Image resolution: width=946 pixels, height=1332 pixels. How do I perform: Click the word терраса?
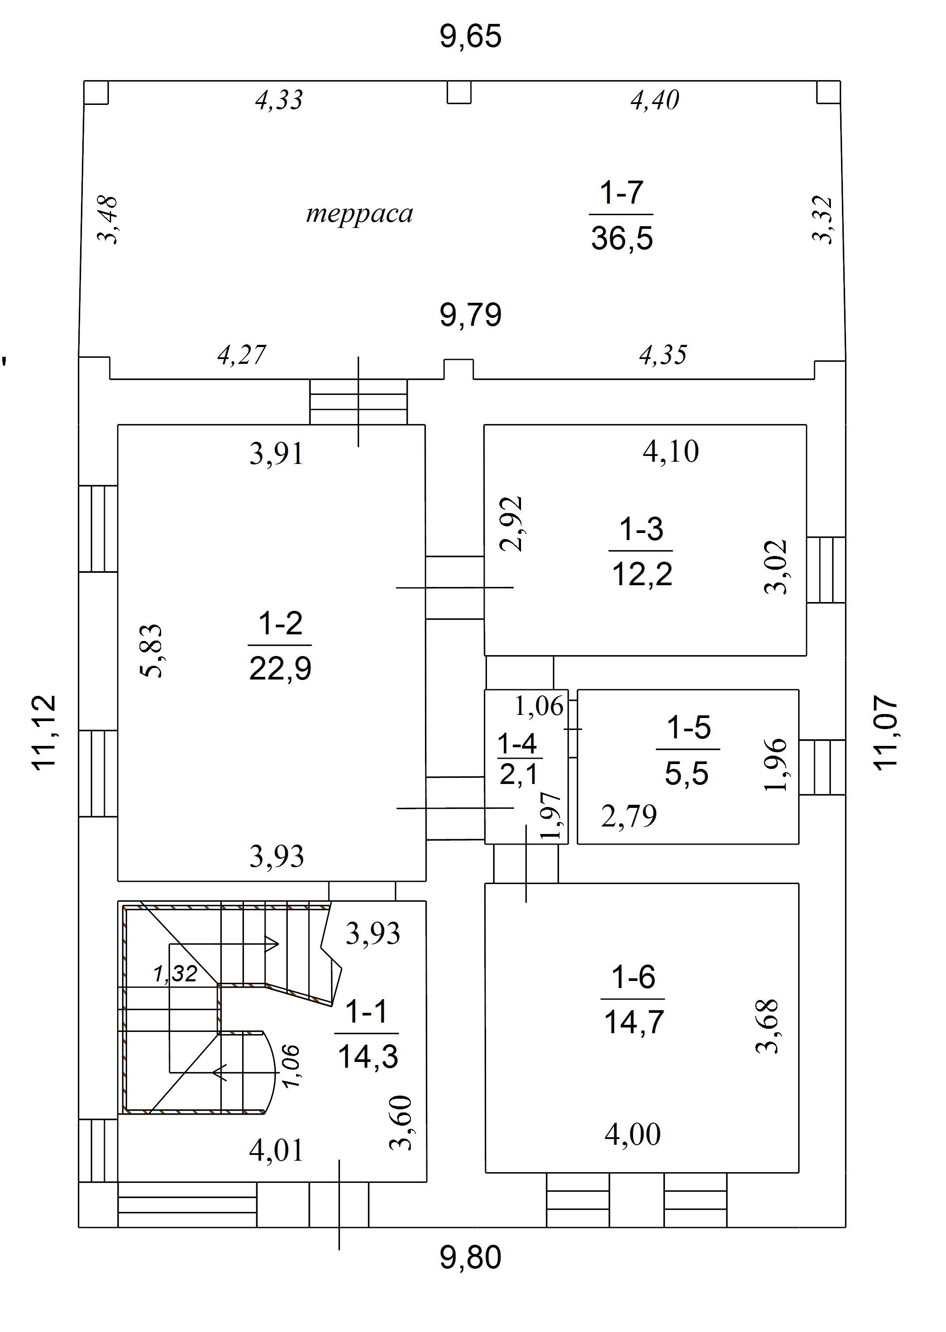[x=359, y=214]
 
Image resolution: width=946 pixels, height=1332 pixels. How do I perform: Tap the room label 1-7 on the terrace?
[x=622, y=192]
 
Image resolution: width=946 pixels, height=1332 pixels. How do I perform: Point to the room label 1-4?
[x=517, y=744]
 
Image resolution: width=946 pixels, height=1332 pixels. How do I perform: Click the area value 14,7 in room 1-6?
[x=634, y=1022]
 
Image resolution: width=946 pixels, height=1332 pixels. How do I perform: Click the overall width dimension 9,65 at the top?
[x=471, y=36]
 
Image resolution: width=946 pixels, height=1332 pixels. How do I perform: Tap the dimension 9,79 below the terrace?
[x=471, y=315]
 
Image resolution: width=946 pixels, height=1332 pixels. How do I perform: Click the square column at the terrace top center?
[x=459, y=92]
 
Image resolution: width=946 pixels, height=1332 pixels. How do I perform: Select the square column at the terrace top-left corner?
[x=96, y=92]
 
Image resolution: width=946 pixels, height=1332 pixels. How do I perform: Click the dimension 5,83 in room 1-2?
[x=152, y=651]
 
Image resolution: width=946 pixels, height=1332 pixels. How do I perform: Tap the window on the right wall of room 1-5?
[x=822, y=767]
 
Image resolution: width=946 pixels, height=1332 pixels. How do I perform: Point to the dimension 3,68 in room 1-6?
[x=767, y=1027]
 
